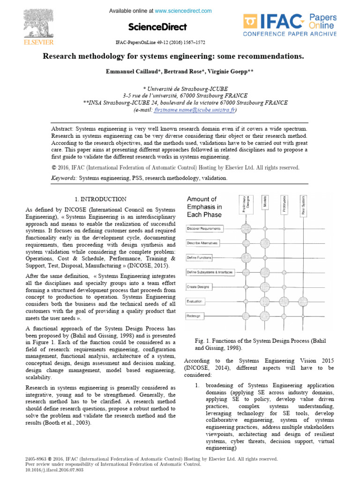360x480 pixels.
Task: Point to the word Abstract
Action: click(62, 128)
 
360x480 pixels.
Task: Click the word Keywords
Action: click(64, 178)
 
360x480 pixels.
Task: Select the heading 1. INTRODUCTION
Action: click(101, 199)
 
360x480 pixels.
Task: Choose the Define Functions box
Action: click(199, 258)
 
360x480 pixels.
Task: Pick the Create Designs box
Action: click(199, 286)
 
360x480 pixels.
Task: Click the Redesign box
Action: click(194, 316)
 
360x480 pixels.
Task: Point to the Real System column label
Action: click(304, 205)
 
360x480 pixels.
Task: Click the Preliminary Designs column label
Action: click(246, 205)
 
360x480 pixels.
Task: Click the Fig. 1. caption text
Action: click(260, 344)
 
